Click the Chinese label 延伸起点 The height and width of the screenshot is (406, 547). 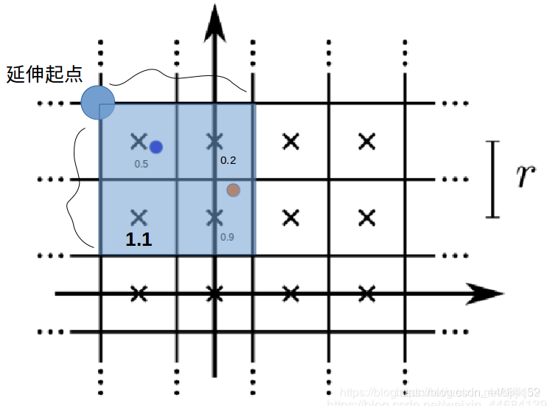click(44, 75)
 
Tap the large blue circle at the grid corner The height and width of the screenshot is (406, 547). click(98, 102)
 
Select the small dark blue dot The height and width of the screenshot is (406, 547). click(156, 147)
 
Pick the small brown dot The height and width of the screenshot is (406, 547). click(233, 190)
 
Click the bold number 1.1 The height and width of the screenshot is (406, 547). click(139, 239)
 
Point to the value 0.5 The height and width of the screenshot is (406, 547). click(142, 164)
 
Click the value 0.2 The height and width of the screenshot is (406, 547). click(229, 159)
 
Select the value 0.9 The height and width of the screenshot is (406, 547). click(228, 237)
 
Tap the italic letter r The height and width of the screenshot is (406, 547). click(524, 177)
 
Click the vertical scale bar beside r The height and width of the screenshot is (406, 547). click(492, 179)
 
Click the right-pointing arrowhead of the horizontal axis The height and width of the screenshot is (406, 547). click(487, 294)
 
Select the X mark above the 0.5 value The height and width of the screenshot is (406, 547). click(138, 140)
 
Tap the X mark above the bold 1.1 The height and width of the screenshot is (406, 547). click(138, 217)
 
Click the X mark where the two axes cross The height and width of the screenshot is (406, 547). click(215, 294)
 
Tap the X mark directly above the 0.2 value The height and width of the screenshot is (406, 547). click(215, 140)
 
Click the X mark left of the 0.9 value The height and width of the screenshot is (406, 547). click(215, 217)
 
